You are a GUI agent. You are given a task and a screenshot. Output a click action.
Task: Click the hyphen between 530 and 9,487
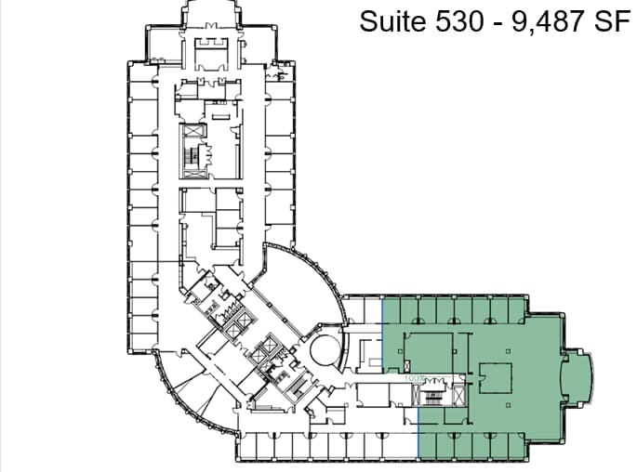497,21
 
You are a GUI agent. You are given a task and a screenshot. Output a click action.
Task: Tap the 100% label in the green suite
415,378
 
